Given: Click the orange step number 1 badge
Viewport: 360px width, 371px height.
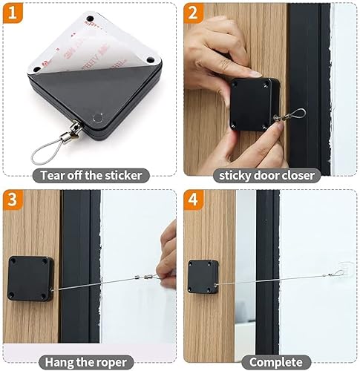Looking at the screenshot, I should coord(13,13).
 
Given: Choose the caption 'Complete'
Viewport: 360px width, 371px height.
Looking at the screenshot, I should coord(269,362).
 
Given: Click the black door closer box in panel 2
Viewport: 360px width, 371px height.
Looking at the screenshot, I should coord(253,104).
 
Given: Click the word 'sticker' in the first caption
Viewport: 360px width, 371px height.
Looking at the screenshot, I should coord(122,176).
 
